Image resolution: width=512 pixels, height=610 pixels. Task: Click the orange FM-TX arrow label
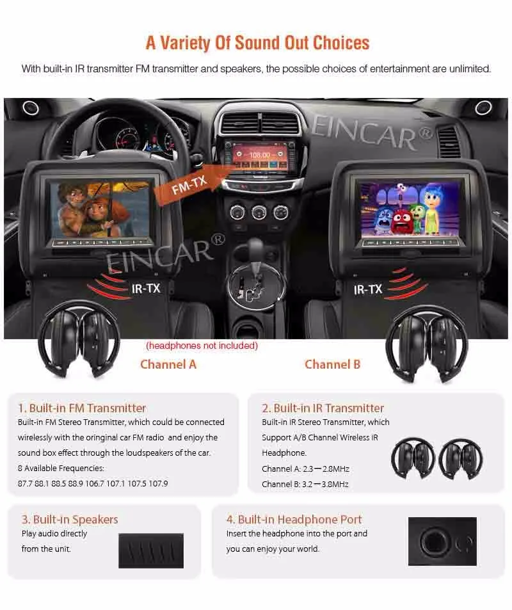(x=191, y=184)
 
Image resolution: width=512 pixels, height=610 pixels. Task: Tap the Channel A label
(x=168, y=364)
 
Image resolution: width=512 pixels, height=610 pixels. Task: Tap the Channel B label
(x=332, y=364)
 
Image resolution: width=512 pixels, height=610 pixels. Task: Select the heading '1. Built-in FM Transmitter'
(x=82, y=408)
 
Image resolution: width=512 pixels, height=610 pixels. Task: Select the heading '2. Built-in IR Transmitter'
(x=323, y=408)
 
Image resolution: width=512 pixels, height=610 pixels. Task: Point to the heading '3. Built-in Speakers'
(x=70, y=519)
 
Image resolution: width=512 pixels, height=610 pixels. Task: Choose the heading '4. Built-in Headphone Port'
(x=294, y=519)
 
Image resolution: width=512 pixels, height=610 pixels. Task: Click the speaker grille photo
(x=151, y=549)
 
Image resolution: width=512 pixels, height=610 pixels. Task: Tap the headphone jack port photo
(x=442, y=542)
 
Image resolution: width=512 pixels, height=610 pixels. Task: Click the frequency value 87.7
(x=26, y=484)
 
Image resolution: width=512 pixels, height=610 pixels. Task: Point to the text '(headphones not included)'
(x=202, y=346)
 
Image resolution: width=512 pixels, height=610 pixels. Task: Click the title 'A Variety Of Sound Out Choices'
(x=257, y=42)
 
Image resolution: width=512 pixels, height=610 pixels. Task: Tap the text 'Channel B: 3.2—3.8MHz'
(x=305, y=485)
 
